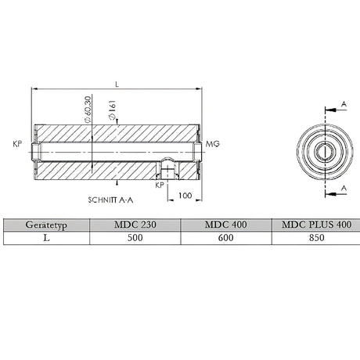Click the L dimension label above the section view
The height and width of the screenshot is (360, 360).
(x=117, y=83)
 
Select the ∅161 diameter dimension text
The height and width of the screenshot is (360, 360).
(x=113, y=113)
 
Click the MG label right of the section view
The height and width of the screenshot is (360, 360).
(x=212, y=145)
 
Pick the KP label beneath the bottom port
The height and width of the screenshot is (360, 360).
(x=160, y=186)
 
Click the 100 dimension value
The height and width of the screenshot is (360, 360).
(x=185, y=196)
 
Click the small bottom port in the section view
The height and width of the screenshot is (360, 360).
(x=167, y=166)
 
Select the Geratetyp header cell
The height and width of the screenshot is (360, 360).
(x=45, y=225)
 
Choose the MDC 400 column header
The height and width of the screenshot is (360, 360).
(x=225, y=225)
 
